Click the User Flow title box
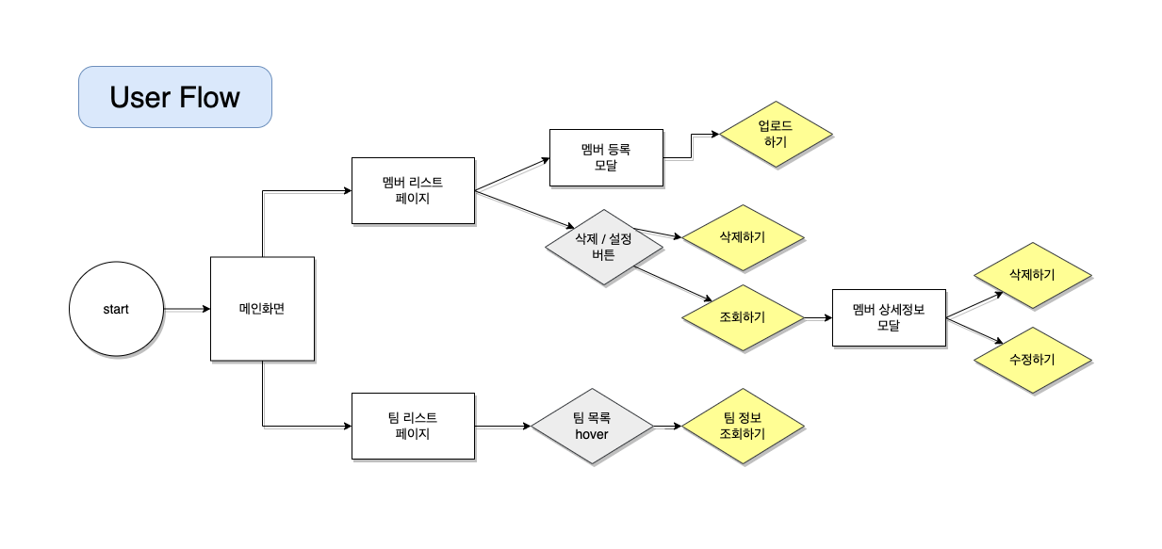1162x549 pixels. point(174,97)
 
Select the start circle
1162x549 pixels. point(116,309)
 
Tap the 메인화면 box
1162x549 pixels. point(261,309)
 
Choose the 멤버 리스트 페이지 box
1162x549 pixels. point(412,190)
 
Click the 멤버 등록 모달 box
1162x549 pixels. point(606,157)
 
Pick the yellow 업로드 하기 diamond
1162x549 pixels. point(777,135)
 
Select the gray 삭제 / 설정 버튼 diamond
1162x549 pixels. point(603,247)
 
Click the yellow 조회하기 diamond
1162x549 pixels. point(742,317)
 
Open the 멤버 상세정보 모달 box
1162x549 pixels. point(889,317)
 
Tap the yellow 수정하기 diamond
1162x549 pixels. point(1032,360)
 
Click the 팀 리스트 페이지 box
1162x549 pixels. point(412,426)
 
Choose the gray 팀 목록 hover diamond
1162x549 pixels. point(592,426)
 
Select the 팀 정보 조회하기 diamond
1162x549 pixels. point(742,426)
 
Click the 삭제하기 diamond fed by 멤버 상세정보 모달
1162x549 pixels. point(1032,275)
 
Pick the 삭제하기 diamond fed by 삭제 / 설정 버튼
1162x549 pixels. point(742,237)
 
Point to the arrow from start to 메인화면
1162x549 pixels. point(186,309)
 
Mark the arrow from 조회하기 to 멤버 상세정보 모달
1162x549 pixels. point(816,318)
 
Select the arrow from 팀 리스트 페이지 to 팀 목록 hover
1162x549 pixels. point(501,427)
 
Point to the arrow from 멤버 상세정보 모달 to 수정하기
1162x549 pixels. point(974,330)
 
